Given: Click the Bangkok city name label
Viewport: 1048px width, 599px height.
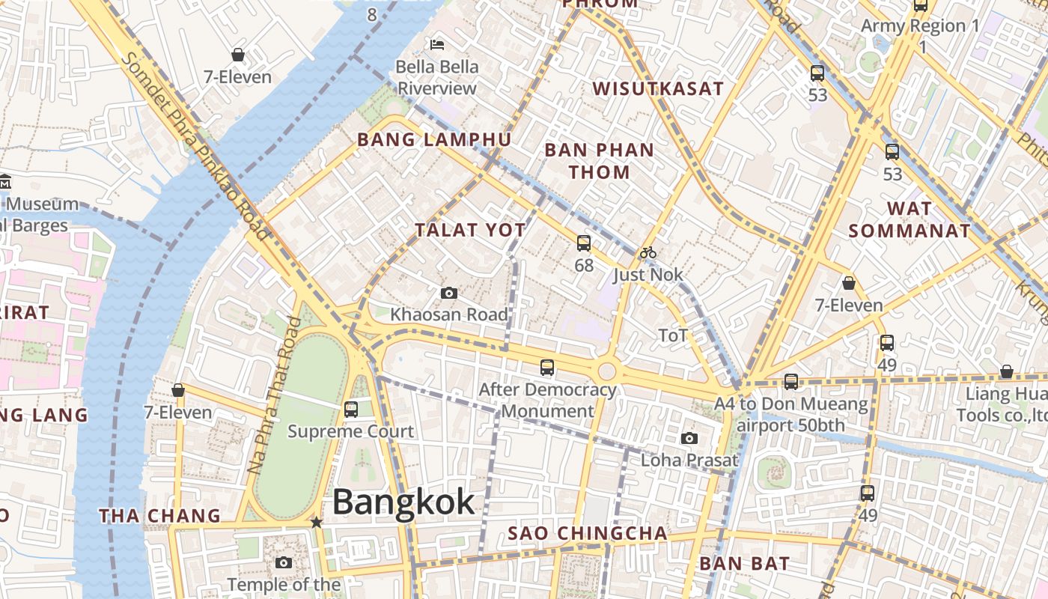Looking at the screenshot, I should (x=403, y=502).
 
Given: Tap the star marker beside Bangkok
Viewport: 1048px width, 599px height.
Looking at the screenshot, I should (x=317, y=522).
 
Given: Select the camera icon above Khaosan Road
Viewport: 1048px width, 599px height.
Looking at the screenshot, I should (x=449, y=293).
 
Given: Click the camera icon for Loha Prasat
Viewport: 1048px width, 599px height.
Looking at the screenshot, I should (x=689, y=438).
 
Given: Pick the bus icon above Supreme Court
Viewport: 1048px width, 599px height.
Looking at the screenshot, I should (x=351, y=410).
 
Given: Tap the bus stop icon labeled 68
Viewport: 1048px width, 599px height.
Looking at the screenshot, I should (x=584, y=243).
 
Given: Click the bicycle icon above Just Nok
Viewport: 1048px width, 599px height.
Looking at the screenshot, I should (x=648, y=253).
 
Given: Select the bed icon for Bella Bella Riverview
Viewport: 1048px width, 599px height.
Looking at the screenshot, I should (x=437, y=45).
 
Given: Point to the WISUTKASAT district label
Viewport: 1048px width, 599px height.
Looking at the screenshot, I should (x=658, y=89).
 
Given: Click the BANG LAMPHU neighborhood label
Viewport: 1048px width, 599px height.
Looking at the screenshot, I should (x=434, y=140).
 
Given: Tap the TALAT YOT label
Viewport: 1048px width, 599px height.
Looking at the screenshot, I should (x=471, y=230).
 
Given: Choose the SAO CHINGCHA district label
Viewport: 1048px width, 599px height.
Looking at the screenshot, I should (x=588, y=533).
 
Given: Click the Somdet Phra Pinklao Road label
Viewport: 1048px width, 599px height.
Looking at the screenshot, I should (x=195, y=146).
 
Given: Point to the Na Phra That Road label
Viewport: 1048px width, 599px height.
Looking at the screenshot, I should (x=274, y=395).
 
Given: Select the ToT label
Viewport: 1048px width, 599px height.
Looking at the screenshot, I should (x=672, y=335).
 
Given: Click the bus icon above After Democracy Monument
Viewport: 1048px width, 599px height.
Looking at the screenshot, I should (x=547, y=368).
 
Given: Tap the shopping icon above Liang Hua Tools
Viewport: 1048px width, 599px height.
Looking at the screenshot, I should (x=1007, y=371).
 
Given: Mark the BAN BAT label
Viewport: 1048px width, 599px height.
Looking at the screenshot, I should (x=744, y=563).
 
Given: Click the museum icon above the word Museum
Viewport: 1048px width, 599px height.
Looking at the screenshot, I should (x=4, y=182).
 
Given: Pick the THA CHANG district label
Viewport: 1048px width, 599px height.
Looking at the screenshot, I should (x=160, y=516).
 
